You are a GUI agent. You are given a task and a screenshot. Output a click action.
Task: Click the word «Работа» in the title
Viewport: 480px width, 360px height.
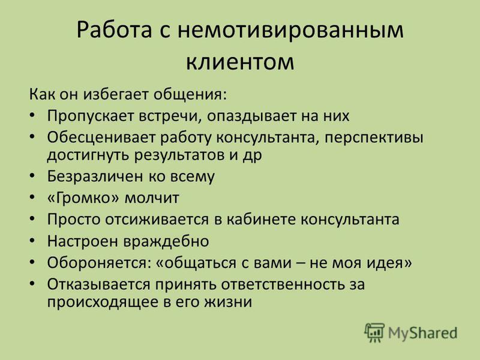(x=114, y=30)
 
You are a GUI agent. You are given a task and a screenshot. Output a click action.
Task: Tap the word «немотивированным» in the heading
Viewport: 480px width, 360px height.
(x=290, y=30)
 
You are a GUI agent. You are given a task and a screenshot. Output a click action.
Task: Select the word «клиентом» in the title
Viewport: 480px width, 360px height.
(x=240, y=62)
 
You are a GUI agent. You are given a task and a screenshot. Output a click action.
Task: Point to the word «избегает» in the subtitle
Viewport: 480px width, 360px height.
(x=118, y=94)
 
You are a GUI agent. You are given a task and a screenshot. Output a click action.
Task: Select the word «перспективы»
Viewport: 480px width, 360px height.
(x=374, y=139)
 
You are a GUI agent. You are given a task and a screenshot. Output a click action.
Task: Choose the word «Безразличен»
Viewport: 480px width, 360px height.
(x=95, y=176)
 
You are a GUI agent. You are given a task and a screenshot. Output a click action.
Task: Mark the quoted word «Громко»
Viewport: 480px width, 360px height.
(x=83, y=198)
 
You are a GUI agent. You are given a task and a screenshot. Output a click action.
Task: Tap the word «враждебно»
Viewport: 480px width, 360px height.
(x=167, y=241)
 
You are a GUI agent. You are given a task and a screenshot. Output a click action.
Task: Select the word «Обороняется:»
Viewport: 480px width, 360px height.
(x=99, y=263)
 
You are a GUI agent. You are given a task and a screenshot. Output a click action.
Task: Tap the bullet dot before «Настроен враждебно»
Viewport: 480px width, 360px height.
(x=32, y=241)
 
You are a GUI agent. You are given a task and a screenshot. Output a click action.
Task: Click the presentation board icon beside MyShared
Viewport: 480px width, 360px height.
(x=374, y=332)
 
